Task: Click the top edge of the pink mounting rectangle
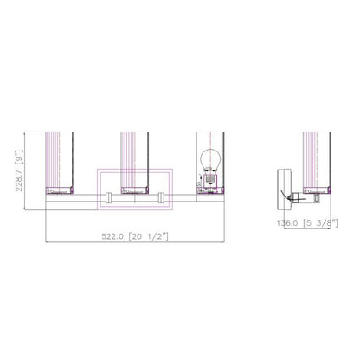coord(137,169)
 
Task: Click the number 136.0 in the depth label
coord(286,222)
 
